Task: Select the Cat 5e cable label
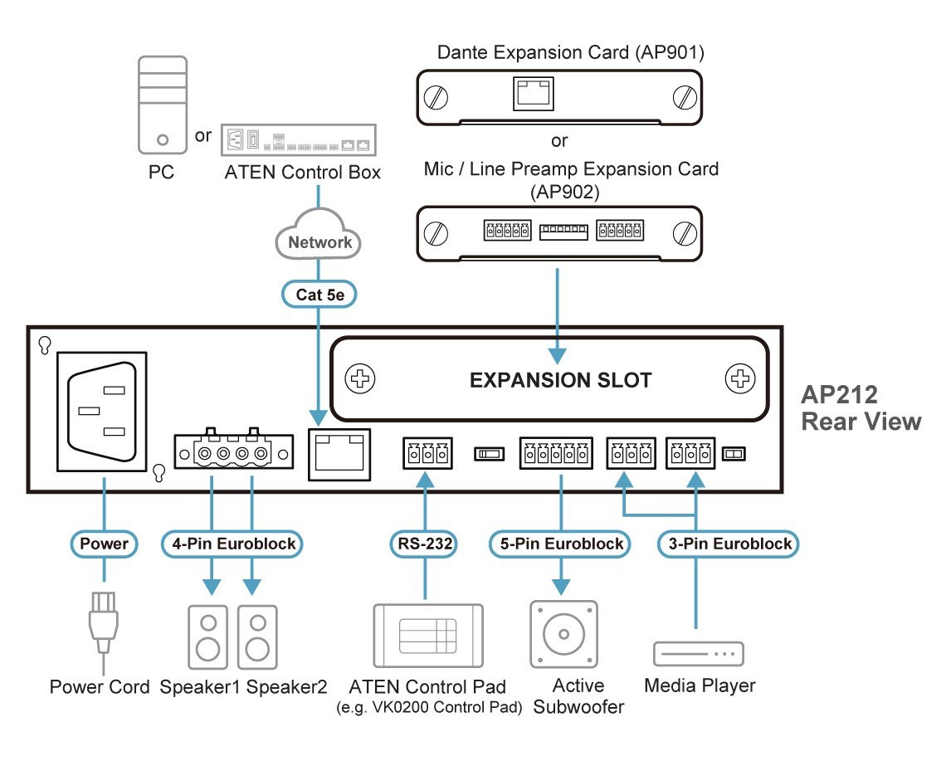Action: pyautogui.click(x=319, y=294)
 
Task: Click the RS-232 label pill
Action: pyautogui.click(x=425, y=544)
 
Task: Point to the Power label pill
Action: pyautogui.click(x=104, y=544)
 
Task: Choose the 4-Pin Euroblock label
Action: pyautogui.click(x=232, y=544)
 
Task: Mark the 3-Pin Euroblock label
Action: pyautogui.click(x=728, y=544)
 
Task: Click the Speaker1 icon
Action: pyautogui.click(x=209, y=637)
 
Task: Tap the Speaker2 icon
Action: pyautogui.click(x=257, y=637)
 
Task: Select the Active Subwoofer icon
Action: pyautogui.click(x=563, y=634)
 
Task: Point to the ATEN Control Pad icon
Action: pyautogui.click(x=427, y=636)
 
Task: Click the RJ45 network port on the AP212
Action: pyautogui.click(x=339, y=454)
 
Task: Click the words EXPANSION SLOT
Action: pyautogui.click(x=561, y=381)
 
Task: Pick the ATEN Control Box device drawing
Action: pyautogui.click(x=299, y=139)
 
